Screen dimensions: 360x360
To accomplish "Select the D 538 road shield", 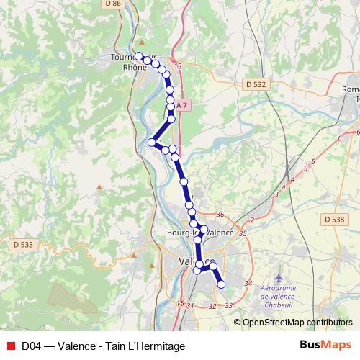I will click(x=334, y=220).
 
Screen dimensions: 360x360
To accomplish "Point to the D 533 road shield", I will click(x=23, y=245).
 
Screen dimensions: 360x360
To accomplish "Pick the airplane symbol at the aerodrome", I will click(x=279, y=276).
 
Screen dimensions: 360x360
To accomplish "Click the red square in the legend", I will click(x=9, y=346).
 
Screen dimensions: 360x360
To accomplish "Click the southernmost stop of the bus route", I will click(x=221, y=284).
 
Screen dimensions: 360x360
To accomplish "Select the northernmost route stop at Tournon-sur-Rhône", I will click(x=139, y=55).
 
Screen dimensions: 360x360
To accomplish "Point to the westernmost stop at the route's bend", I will click(x=152, y=143).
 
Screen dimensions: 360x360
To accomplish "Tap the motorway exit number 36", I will click(x=220, y=215).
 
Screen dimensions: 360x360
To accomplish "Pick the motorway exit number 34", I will click(x=248, y=283).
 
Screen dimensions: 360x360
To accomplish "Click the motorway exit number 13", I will click(x=179, y=66).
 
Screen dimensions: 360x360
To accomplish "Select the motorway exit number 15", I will click(x=180, y=303).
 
